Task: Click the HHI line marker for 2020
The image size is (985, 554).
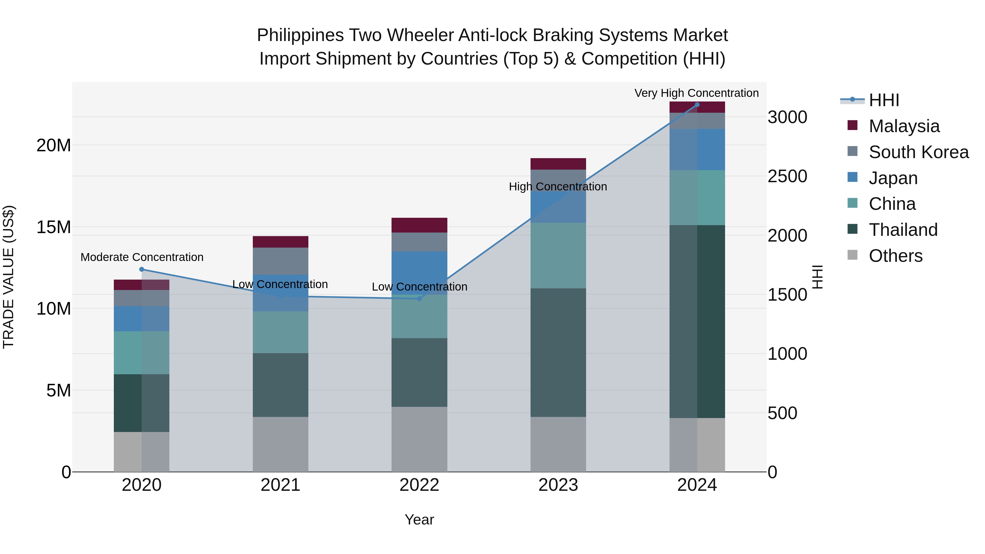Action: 141,269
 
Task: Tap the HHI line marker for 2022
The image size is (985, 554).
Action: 419,298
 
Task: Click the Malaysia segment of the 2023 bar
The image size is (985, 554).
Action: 558,164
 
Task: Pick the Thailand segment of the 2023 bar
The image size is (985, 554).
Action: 558,353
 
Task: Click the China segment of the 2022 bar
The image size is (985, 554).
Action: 419,317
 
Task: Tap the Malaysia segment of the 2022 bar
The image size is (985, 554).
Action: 419,225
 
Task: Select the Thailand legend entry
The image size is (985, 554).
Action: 903,230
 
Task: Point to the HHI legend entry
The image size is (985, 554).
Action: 884,100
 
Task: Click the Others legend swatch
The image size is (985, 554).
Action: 852,255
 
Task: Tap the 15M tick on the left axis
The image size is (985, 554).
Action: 54,227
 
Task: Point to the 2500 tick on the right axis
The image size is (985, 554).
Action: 787,176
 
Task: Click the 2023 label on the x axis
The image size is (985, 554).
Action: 558,485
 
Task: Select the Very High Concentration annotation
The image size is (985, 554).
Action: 696,93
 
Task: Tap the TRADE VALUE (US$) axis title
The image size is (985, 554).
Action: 8,277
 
